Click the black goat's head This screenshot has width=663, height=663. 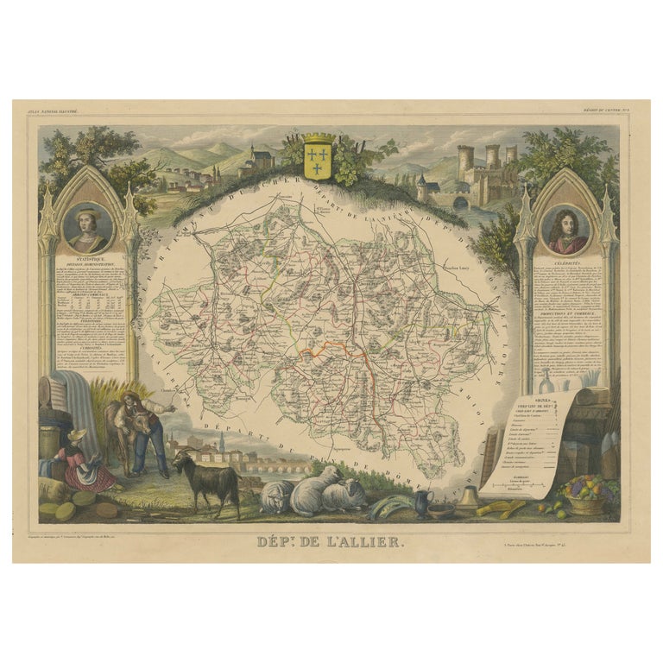pyautogui.click(x=181, y=465)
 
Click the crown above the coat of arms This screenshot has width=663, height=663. pyautogui.click(x=319, y=138)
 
